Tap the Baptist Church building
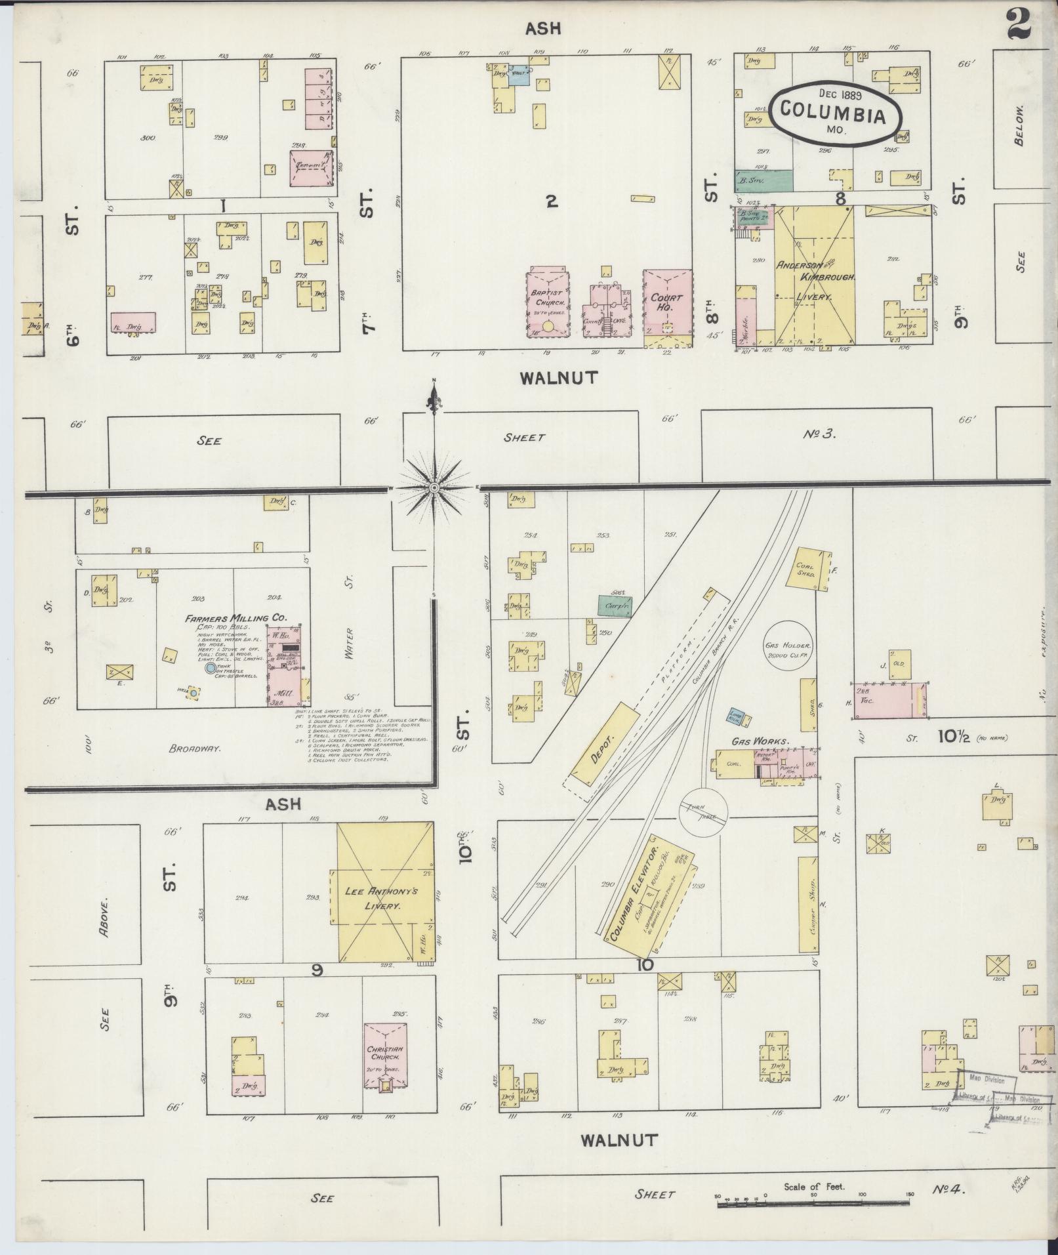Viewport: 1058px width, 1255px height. click(548, 302)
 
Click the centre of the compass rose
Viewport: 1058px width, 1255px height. click(434, 488)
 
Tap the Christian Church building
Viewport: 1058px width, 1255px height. click(386, 1054)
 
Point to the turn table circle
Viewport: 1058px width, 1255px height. click(702, 812)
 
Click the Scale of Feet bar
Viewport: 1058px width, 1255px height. click(813, 1204)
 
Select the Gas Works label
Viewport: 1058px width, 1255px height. click(760, 741)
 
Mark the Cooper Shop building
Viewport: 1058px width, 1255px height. click(808, 905)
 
